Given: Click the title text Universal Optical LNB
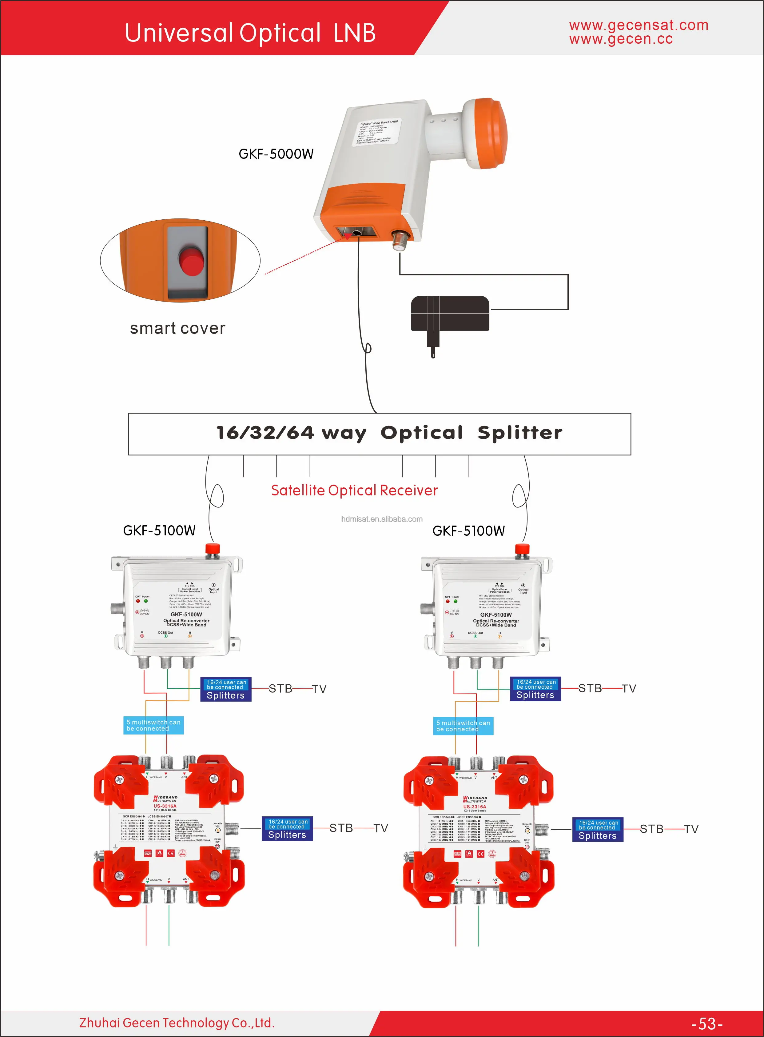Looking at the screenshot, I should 250,33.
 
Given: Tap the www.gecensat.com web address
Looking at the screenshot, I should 638,25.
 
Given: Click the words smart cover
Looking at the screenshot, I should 177,328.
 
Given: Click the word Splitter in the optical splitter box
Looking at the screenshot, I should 520,433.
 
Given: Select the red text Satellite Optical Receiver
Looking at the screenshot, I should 354,490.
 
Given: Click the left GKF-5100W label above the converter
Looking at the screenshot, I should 159,530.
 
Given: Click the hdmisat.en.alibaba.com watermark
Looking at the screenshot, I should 381,519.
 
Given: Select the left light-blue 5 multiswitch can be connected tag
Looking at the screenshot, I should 153,725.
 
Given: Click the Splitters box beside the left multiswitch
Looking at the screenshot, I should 287,829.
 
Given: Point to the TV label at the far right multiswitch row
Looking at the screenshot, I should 691,829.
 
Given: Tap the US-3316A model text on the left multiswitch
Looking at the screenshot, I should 165,806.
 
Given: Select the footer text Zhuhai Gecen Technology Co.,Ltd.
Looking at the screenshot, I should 177,1023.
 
